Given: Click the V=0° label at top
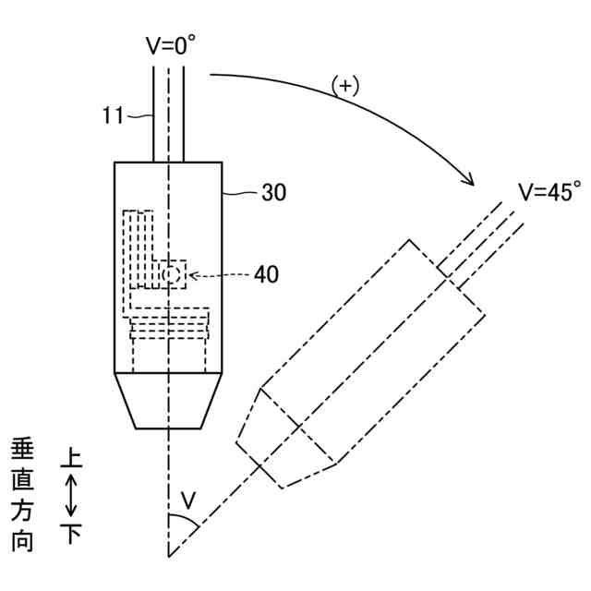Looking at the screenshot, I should pyautogui.click(x=172, y=46).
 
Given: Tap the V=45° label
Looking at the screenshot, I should pyautogui.click(x=549, y=192).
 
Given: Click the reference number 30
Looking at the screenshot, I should pyautogui.click(x=273, y=193).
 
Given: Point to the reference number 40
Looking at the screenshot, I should pyautogui.click(x=264, y=274).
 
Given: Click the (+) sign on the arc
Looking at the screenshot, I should pyautogui.click(x=344, y=86).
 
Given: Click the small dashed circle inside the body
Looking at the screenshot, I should pyautogui.click(x=169, y=274).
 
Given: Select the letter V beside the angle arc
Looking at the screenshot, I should pyautogui.click(x=188, y=501).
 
